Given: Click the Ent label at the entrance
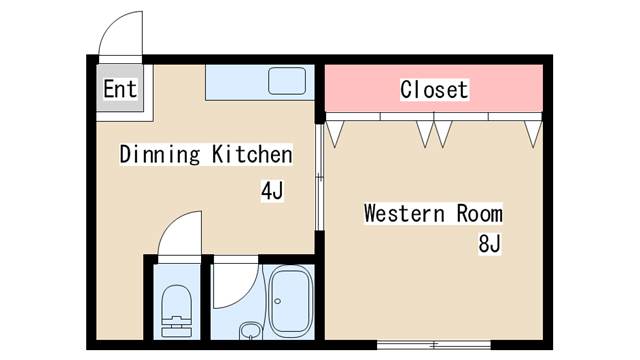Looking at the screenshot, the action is [120, 89].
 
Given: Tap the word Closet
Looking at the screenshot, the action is [434, 90].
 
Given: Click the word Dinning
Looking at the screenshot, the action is [160, 155].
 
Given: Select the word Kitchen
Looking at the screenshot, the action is [252, 154].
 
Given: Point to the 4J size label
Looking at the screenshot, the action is [272, 191].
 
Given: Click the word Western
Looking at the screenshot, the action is [404, 213].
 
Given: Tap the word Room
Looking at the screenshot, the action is [480, 213].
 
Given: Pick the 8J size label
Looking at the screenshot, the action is [489, 244].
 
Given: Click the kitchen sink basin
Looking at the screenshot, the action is [287, 81].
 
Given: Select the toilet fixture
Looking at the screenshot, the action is [177, 311].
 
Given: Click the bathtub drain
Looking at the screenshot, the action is [278, 301].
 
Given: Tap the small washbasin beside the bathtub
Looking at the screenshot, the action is [250, 331].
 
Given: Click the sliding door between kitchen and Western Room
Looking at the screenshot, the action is [320, 177].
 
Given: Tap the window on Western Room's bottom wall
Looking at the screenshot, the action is [433, 345].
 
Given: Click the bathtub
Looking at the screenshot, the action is [291, 302].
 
